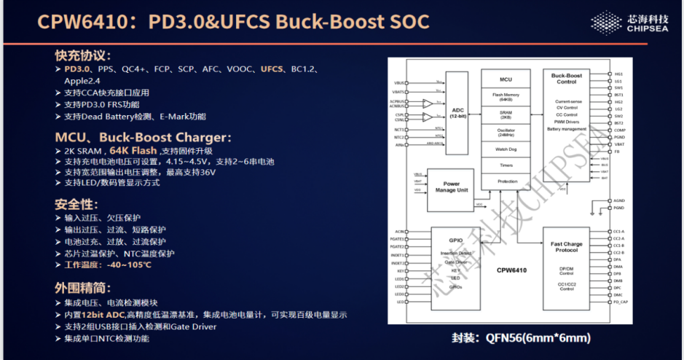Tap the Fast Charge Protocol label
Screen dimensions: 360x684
tap(566, 247)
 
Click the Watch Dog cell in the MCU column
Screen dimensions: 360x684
tap(506, 149)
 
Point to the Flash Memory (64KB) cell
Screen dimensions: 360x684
tap(506, 97)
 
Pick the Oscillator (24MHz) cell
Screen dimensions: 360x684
tap(506, 132)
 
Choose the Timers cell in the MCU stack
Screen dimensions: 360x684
tap(506, 165)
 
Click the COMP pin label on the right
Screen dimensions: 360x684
tap(619, 130)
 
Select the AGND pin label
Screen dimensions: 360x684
tap(619, 200)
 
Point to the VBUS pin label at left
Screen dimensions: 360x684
tap(398, 84)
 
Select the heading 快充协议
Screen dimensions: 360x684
tap(82, 55)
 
